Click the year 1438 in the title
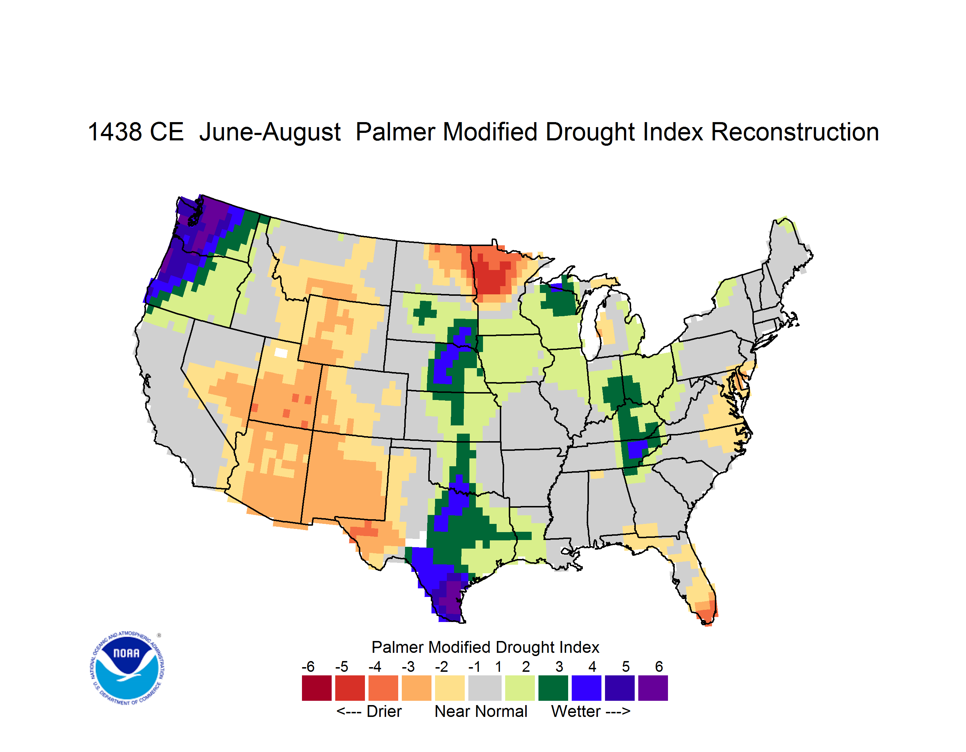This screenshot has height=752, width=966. pos(114,132)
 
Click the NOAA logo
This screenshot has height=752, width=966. pos(127,668)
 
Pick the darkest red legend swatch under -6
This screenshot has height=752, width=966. pos(317,688)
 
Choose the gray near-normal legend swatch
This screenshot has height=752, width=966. pos(485,688)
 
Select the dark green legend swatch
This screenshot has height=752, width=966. pos(553,688)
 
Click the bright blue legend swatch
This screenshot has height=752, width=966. pos(586,688)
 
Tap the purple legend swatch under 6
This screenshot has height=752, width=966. pos(653,688)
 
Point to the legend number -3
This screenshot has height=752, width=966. pos(408,666)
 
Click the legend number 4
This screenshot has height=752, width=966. pos(592,666)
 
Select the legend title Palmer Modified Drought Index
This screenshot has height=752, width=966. pos(485,647)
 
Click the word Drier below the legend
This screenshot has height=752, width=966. pos(384,711)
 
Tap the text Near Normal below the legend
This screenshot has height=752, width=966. pos(481,711)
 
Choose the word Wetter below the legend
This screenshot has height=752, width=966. pos(575,711)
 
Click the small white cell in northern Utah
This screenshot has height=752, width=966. pos(281,353)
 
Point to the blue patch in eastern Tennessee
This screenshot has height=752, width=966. pos(636,449)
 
